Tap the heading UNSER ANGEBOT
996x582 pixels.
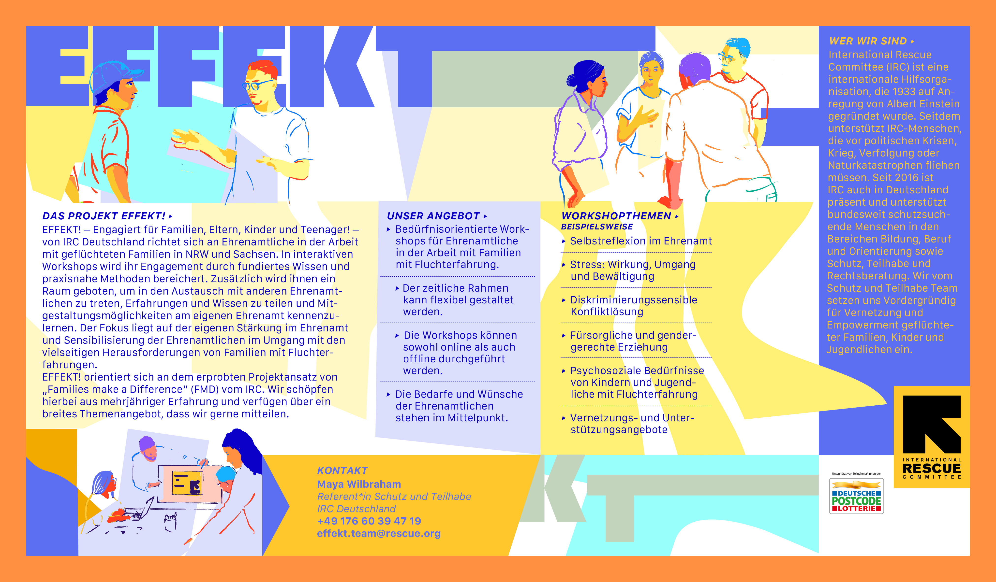coord(433,216)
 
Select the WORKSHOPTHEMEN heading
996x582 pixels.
coord(616,216)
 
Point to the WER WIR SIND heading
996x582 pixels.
coord(868,41)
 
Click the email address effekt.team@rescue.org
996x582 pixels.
coord(379,533)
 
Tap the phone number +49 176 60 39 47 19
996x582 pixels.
coord(369,521)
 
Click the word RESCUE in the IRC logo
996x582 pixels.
coord(932,469)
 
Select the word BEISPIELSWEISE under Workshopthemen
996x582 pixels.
coord(597,227)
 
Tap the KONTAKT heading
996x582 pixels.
coord(342,470)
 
